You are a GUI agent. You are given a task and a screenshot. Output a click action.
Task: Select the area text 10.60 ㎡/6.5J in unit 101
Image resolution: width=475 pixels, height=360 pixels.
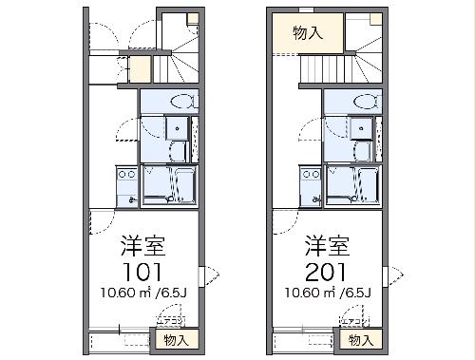click(143, 291)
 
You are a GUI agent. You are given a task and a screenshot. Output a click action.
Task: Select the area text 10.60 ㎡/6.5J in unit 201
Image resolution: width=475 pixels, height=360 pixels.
click(328, 291)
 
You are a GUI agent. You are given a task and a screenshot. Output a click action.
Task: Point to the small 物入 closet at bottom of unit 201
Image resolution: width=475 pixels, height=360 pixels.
click(360, 339)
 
